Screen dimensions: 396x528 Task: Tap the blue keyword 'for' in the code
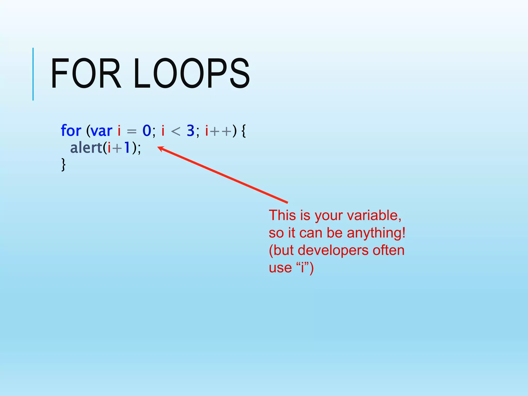[x=71, y=131]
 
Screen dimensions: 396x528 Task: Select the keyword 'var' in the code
[x=102, y=131]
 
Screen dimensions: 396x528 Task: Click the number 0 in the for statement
[x=147, y=131]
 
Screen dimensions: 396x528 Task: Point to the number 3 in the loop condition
[x=191, y=131]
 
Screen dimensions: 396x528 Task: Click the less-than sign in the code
[x=176, y=131]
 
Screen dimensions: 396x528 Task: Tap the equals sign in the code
[x=131, y=131]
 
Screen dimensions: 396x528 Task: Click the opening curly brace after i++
[x=244, y=131]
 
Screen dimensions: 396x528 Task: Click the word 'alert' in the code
[x=86, y=148]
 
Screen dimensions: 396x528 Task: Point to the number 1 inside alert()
[x=127, y=148]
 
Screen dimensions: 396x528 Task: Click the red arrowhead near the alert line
[x=160, y=148]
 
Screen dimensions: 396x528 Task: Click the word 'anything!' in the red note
[x=376, y=233]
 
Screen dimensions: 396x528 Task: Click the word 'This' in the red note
[x=282, y=215]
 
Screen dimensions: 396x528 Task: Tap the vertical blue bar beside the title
[x=33, y=74]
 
